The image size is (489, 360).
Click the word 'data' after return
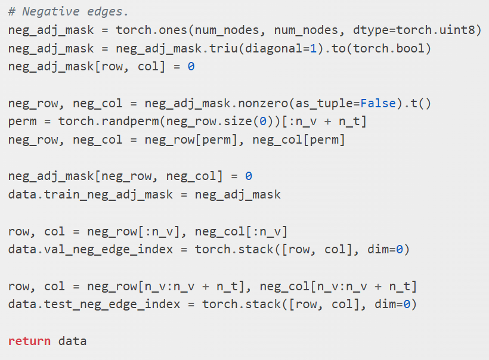tap(72, 341)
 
